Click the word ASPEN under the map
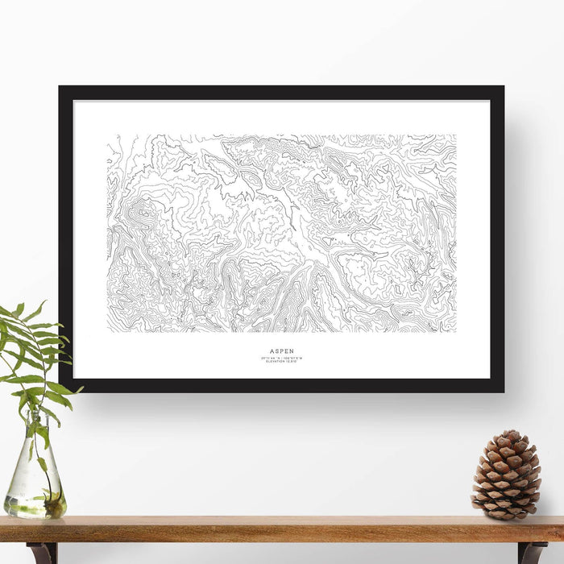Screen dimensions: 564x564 [x=281, y=351]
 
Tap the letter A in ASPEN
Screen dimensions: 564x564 [x=272, y=351]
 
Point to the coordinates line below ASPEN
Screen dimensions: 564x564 [x=281, y=358]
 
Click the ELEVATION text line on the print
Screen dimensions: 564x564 [x=281, y=362]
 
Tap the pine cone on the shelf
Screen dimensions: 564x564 [x=506, y=475]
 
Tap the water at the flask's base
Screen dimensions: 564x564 [x=35, y=506]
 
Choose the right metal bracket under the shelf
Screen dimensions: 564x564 [x=531, y=552]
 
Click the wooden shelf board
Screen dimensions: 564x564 [x=282, y=529]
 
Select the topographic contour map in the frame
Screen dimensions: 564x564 [x=281, y=234]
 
